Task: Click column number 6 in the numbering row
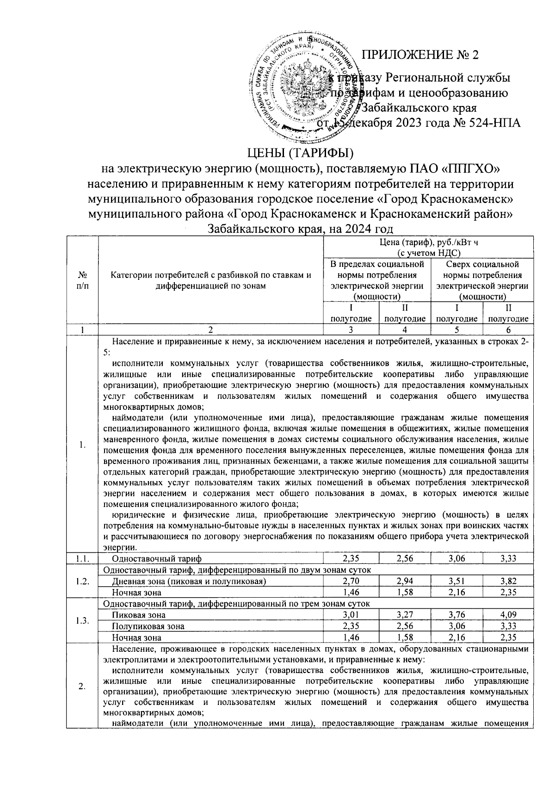pyautogui.click(x=507, y=330)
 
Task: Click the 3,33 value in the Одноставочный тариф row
pyautogui.click(x=507, y=558)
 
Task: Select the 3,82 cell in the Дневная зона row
pyautogui.click(x=507, y=581)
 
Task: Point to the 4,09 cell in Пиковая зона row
pyautogui.click(x=507, y=615)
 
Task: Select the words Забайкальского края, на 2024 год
pyautogui.click(x=300, y=229)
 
